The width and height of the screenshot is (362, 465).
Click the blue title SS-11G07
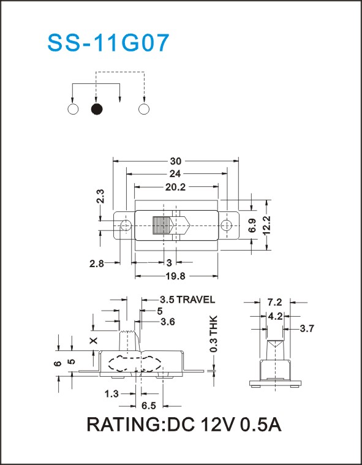[108, 43]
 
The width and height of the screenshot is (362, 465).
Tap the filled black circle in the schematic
[97, 109]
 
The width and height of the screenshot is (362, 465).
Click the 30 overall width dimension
[176, 161]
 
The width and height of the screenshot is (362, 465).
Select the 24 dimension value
[176, 173]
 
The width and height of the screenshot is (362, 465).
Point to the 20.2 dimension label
[176, 187]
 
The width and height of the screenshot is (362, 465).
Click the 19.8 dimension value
[176, 276]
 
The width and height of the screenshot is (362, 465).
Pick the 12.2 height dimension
[267, 225]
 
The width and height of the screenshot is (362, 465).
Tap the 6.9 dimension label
[252, 225]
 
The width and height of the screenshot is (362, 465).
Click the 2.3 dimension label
[100, 196]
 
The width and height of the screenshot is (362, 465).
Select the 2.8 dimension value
[97, 263]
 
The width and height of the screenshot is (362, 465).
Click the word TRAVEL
[195, 300]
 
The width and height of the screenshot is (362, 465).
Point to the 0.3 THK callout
[214, 334]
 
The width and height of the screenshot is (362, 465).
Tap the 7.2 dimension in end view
[274, 303]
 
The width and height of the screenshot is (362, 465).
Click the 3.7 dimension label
[307, 328]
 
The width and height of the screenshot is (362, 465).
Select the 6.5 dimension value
[148, 406]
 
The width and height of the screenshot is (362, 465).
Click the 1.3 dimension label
[111, 394]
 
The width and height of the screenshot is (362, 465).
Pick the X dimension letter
[94, 341]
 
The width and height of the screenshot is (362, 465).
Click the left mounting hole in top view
[126, 225]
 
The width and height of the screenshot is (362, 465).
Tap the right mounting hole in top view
[227, 225]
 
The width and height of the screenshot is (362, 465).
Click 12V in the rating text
[218, 425]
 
